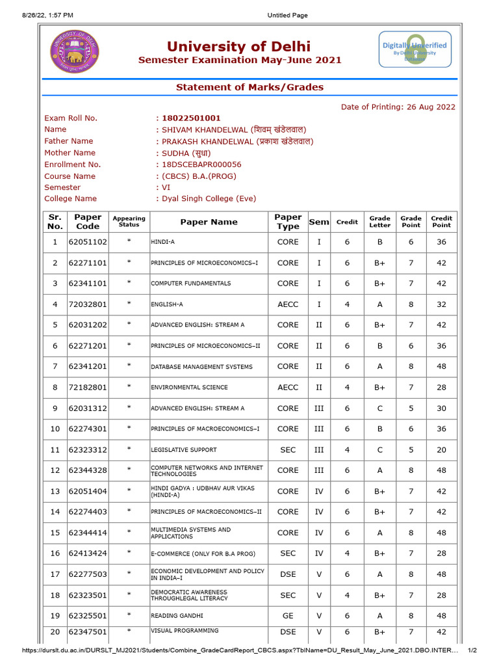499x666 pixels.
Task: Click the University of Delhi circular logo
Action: coord(75,52)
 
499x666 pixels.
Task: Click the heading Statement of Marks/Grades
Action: coord(249,87)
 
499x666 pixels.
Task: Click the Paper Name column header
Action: coord(209,222)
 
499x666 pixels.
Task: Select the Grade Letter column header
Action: coord(380,222)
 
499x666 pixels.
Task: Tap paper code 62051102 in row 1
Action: coord(88,242)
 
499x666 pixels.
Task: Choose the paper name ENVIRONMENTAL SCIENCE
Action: coord(189,388)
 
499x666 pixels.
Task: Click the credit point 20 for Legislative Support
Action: coord(441,450)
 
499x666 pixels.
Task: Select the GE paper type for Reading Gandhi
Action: coord(288,616)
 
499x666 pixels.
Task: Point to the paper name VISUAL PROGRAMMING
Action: coord(185,631)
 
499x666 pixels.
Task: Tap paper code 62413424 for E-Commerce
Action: coord(88,553)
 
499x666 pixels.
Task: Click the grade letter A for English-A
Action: coord(380,304)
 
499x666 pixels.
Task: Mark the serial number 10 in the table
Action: coord(55,429)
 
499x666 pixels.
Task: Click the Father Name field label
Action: coord(68,141)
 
